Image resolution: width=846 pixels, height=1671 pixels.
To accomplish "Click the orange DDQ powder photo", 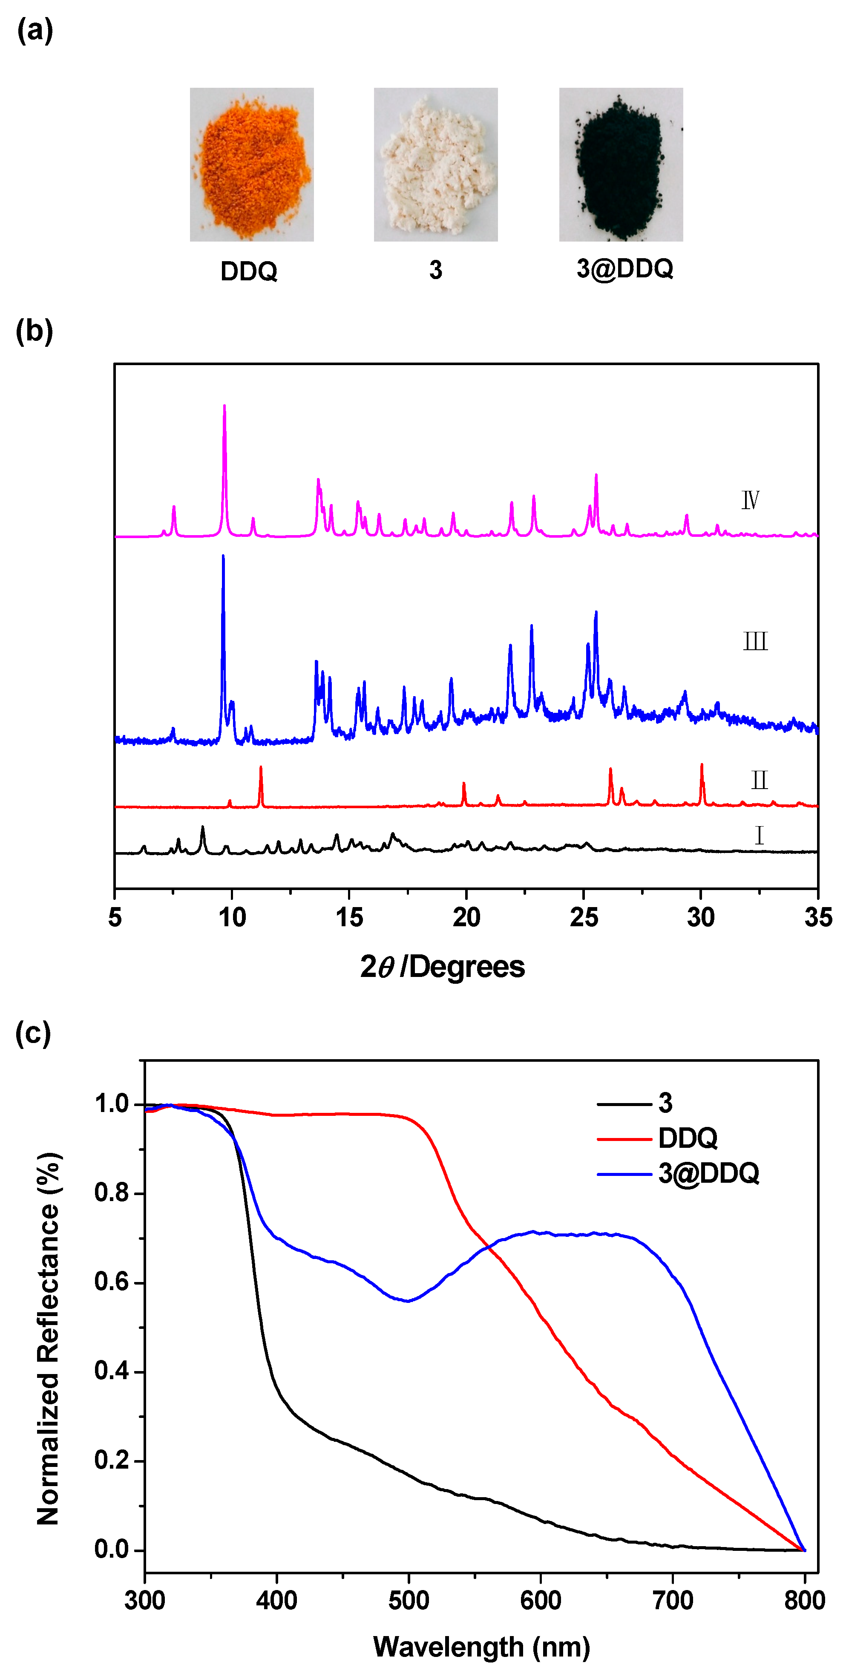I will pyautogui.click(x=252, y=165).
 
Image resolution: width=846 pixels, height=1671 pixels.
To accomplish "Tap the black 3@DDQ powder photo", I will pyautogui.click(x=621, y=165).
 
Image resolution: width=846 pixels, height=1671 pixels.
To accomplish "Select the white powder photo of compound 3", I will pyautogui.click(x=435, y=165).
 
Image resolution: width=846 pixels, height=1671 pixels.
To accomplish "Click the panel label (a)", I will pyautogui.click(x=35, y=31).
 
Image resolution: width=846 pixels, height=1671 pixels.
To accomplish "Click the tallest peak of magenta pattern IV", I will pyautogui.click(x=224, y=407).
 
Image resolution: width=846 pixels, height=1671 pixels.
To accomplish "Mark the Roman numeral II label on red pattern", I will pyautogui.click(x=759, y=780).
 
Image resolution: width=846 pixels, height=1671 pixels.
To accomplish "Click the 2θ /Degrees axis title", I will pyautogui.click(x=443, y=967).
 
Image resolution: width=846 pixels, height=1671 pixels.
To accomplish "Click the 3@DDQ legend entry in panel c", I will pyautogui.click(x=708, y=1173).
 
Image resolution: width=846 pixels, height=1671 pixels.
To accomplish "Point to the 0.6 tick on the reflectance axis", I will pyautogui.click(x=112, y=1282).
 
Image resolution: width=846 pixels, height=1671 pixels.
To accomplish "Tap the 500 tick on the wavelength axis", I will pyautogui.click(x=409, y=1600).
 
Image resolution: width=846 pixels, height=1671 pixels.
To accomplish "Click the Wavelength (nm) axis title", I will pyautogui.click(x=481, y=1646).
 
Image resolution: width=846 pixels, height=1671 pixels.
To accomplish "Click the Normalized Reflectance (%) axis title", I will pyautogui.click(x=48, y=1339).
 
